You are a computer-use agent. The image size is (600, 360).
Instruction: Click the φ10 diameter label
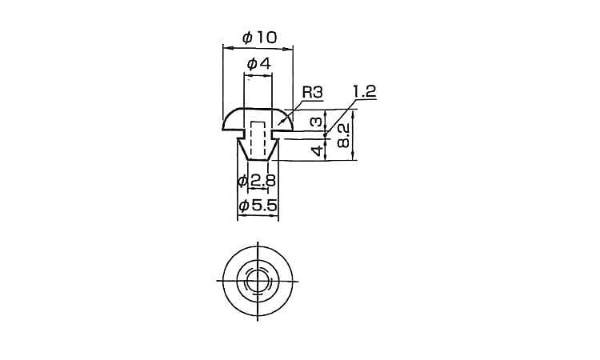[259, 38]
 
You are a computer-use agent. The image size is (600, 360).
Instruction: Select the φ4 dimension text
[259, 63]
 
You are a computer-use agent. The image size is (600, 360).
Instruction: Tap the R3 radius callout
[313, 92]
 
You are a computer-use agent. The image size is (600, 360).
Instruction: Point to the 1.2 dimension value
[364, 91]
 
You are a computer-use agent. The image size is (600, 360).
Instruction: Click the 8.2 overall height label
[344, 136]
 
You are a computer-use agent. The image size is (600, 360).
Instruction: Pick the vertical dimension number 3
[317, 122]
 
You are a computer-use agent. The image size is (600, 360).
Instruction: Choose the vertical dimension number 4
[318, 150]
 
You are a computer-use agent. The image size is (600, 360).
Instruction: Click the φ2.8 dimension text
[256, 181]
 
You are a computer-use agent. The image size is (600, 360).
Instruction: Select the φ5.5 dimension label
[258, 206]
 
